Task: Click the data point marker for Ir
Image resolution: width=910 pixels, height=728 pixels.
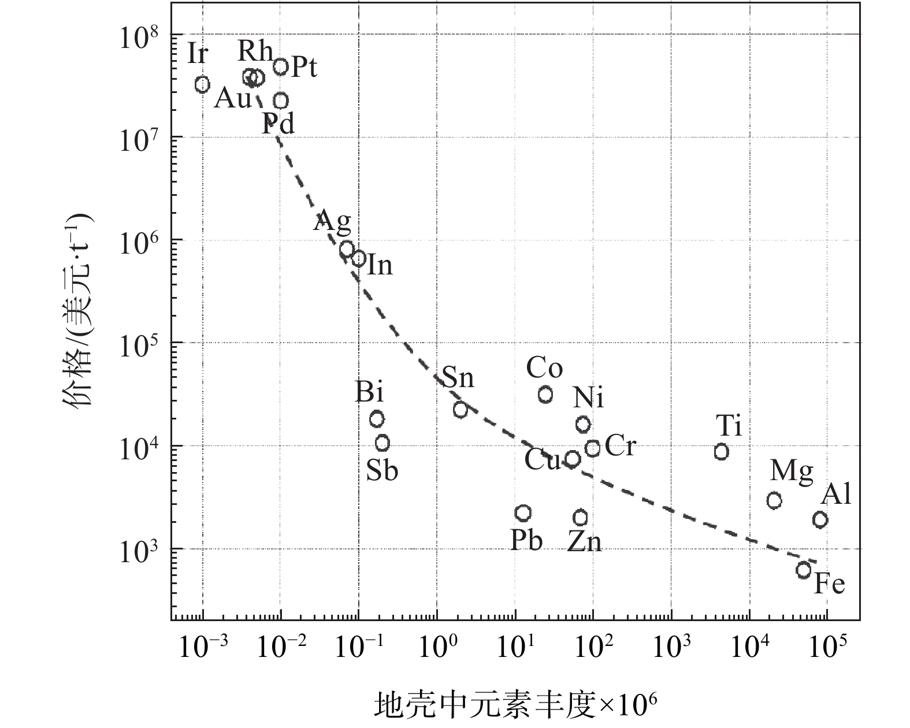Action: (202, 84)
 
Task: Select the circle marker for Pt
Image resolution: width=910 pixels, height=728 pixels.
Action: (281, 66)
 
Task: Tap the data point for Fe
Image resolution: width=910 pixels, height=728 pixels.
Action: (804, 571)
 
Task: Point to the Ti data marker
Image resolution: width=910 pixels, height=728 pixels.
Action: (721, 452)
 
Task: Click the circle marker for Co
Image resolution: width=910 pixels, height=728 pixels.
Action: (545, 395)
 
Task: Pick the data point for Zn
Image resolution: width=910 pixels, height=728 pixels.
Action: (581, 517)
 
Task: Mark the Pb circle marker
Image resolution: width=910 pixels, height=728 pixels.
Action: (523, 513)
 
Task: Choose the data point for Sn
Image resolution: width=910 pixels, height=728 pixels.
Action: (460, 410)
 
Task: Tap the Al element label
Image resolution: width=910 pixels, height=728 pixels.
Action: (836, 495)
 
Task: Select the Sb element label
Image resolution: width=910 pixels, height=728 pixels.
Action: (382, 471)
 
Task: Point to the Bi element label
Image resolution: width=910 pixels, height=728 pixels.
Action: (369, 393)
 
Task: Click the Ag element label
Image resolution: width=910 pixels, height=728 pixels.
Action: (332, 221)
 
